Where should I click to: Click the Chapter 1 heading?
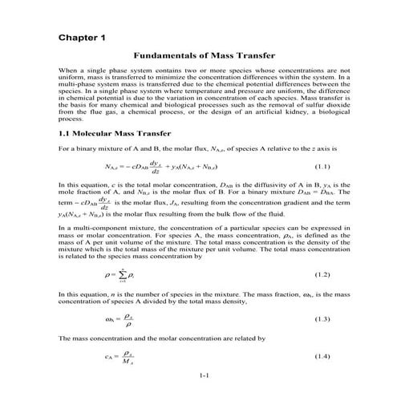click(x=82, y=37)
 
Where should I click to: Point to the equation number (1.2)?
click(x=321, y=274)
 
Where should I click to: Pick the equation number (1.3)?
click(x=321, y=318)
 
